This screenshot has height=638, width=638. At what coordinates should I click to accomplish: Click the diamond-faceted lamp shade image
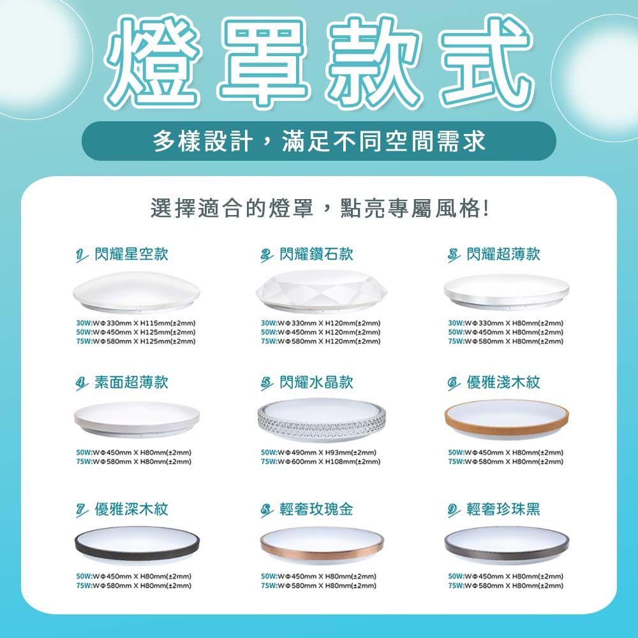322,292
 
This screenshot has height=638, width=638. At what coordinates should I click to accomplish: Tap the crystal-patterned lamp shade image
322,420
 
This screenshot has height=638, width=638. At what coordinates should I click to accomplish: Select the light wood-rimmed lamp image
507,419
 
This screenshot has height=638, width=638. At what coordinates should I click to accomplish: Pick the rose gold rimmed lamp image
322,545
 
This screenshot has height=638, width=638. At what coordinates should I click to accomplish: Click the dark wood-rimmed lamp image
137,545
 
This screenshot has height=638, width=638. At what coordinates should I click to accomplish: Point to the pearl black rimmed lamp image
507,545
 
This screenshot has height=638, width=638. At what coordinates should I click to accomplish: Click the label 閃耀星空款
131,254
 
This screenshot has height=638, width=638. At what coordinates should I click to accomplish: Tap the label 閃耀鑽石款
316,254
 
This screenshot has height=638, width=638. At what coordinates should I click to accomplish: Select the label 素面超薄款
131,382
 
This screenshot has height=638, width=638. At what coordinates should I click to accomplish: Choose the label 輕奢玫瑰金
316,509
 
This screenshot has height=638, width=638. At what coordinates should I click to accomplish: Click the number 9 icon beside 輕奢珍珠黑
453,510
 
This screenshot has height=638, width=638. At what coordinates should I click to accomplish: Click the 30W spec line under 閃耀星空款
136,323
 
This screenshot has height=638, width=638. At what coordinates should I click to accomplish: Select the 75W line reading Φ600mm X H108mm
321,461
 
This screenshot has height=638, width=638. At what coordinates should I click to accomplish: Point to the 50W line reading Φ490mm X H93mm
318,452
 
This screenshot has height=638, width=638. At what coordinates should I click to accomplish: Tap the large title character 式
487,61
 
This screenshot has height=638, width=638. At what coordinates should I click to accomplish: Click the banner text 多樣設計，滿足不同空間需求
320,141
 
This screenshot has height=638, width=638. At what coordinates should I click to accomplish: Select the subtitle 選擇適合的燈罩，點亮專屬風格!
320,209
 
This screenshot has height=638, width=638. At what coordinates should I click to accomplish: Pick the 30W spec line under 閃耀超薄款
506,323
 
